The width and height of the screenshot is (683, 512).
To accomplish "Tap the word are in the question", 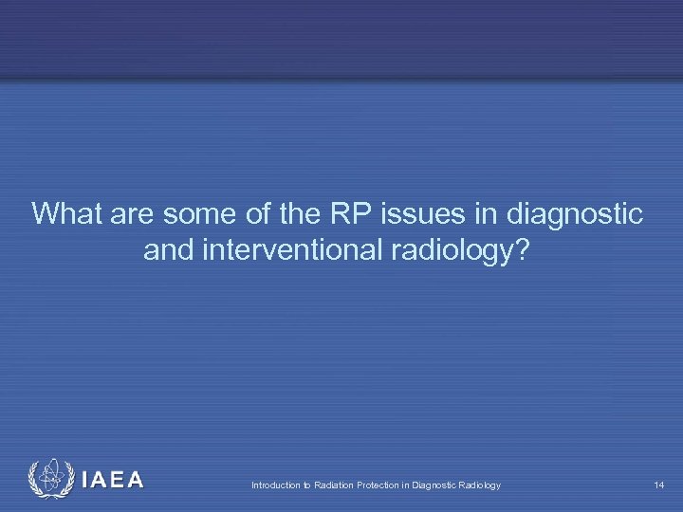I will [133, 214].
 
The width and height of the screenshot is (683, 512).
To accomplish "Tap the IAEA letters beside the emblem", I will [112, 481].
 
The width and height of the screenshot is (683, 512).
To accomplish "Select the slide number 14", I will [658, 485].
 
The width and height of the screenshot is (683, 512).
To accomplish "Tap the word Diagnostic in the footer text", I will [437, 485].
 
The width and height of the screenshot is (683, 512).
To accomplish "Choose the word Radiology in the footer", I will [481, 485].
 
